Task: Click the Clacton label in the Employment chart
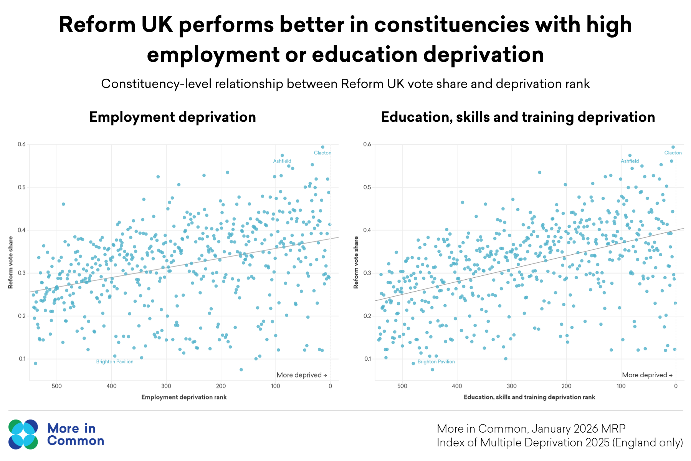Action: point(322,153)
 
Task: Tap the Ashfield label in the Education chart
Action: point(630,161)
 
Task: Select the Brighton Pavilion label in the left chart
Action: point(115,362)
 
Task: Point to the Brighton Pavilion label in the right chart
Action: point(436,362)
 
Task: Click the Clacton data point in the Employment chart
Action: point(323,147)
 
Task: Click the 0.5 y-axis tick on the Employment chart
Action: point(21,187)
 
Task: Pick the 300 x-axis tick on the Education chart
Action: point(511,386)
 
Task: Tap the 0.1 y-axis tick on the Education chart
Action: point(367,359)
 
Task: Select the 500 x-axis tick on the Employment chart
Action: point(57,386)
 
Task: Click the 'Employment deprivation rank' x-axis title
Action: point(184,397)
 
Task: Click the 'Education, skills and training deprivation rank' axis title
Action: point(529,397)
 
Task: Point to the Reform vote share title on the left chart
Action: point(11,262)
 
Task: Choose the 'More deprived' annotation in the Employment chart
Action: point(302,375)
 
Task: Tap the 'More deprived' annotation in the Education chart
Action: point(647,375)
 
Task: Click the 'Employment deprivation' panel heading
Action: point(172,117)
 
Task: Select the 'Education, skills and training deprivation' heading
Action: point(518,117)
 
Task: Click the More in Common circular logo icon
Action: point(23,434)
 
